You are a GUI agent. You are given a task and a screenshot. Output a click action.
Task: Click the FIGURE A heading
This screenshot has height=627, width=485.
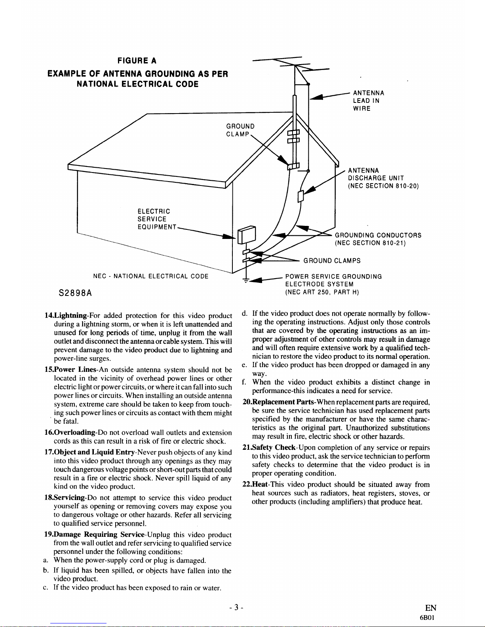pos(137,61)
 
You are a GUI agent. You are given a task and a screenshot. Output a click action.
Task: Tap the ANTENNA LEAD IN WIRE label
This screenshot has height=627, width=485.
pos(368,101)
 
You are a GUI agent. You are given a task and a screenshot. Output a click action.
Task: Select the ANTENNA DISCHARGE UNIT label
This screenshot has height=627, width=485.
pos(383,178)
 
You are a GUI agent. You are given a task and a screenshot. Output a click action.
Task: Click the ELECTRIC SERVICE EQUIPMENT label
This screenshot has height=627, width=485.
pos(157,219)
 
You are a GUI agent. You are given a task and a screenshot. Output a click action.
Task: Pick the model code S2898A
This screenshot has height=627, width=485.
pos(75,293)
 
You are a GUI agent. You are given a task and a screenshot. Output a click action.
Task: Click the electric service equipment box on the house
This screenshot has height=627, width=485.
pos(247,235)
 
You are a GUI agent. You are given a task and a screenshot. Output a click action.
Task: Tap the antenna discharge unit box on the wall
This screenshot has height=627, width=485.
pos(301,196)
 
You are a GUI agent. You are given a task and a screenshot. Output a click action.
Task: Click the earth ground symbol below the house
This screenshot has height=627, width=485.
pos(246,280)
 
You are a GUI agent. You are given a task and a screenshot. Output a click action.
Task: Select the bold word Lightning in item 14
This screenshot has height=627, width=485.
pos(70,316)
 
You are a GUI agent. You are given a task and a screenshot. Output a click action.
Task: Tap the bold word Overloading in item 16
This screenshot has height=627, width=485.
pos(74,432)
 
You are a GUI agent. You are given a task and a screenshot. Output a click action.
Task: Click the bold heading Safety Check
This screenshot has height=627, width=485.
pos(274,447)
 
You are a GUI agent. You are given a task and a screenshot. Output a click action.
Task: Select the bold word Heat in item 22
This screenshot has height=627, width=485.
pos(260,485)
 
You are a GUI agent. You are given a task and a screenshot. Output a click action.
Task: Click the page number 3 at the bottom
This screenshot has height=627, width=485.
pos(236,608)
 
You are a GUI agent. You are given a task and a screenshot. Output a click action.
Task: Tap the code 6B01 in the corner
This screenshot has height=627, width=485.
pos(427,618)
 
